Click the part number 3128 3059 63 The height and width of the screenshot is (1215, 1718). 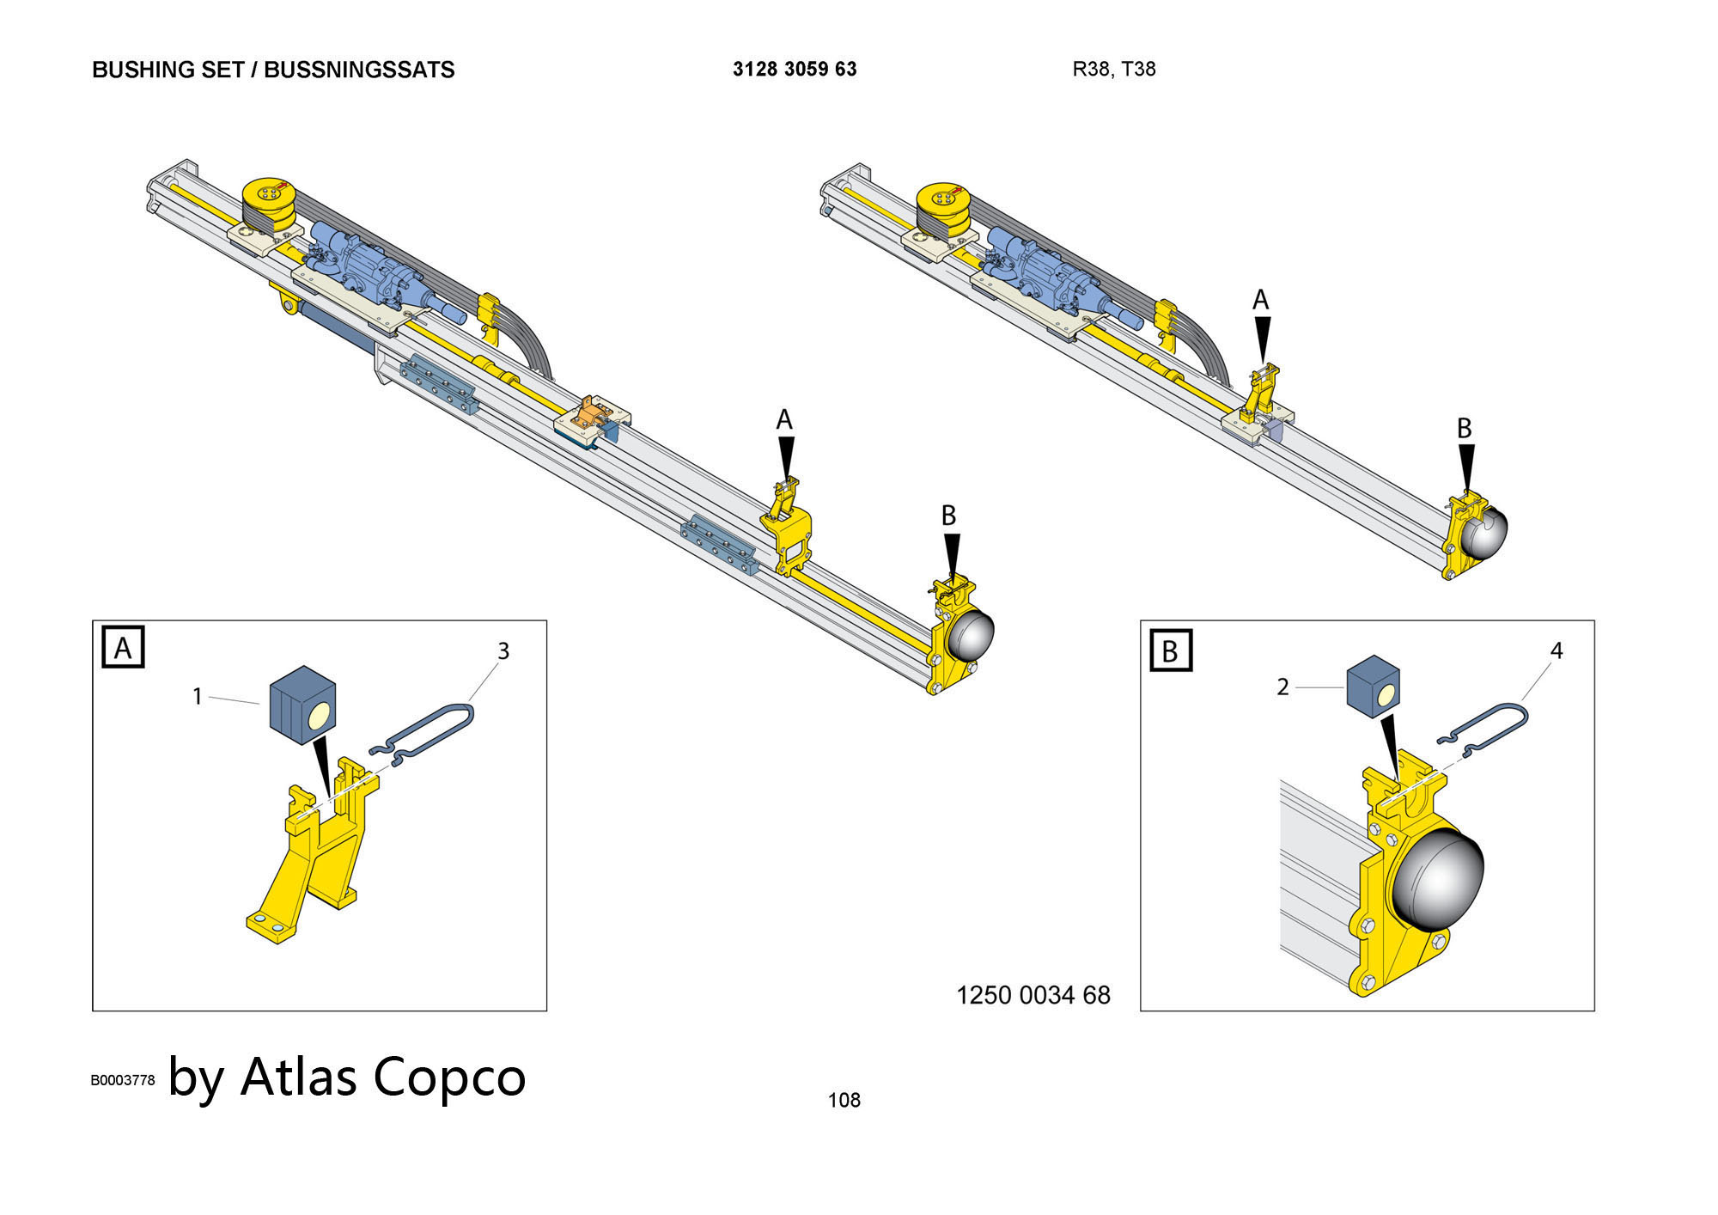[x=795, y=70]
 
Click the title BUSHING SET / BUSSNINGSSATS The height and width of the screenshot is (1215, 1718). [x=273, y=70]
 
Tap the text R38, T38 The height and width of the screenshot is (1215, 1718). [x=1114, y=70]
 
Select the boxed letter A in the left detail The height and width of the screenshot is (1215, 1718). [x=123, y=647]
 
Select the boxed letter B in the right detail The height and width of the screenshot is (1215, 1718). [x=1170, y=650]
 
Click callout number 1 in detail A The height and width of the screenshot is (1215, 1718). [x=198, y=696]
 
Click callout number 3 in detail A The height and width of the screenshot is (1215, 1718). [x=503, y=651]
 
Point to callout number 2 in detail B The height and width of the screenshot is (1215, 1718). [x=1282, y=687]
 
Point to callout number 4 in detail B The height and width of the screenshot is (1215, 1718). [x=1557, y=651]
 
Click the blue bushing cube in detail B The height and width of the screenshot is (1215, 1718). [x=1373, y=686]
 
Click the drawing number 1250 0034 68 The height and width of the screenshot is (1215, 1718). [x=1033, y=995]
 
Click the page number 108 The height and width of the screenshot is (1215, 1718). [x=844, y=1100]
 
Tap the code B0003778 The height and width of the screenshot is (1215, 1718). [x=123, y=1080]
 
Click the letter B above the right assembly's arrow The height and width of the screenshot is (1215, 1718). [x=1465, y=428]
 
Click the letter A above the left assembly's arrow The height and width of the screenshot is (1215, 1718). [x=784, y=419]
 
